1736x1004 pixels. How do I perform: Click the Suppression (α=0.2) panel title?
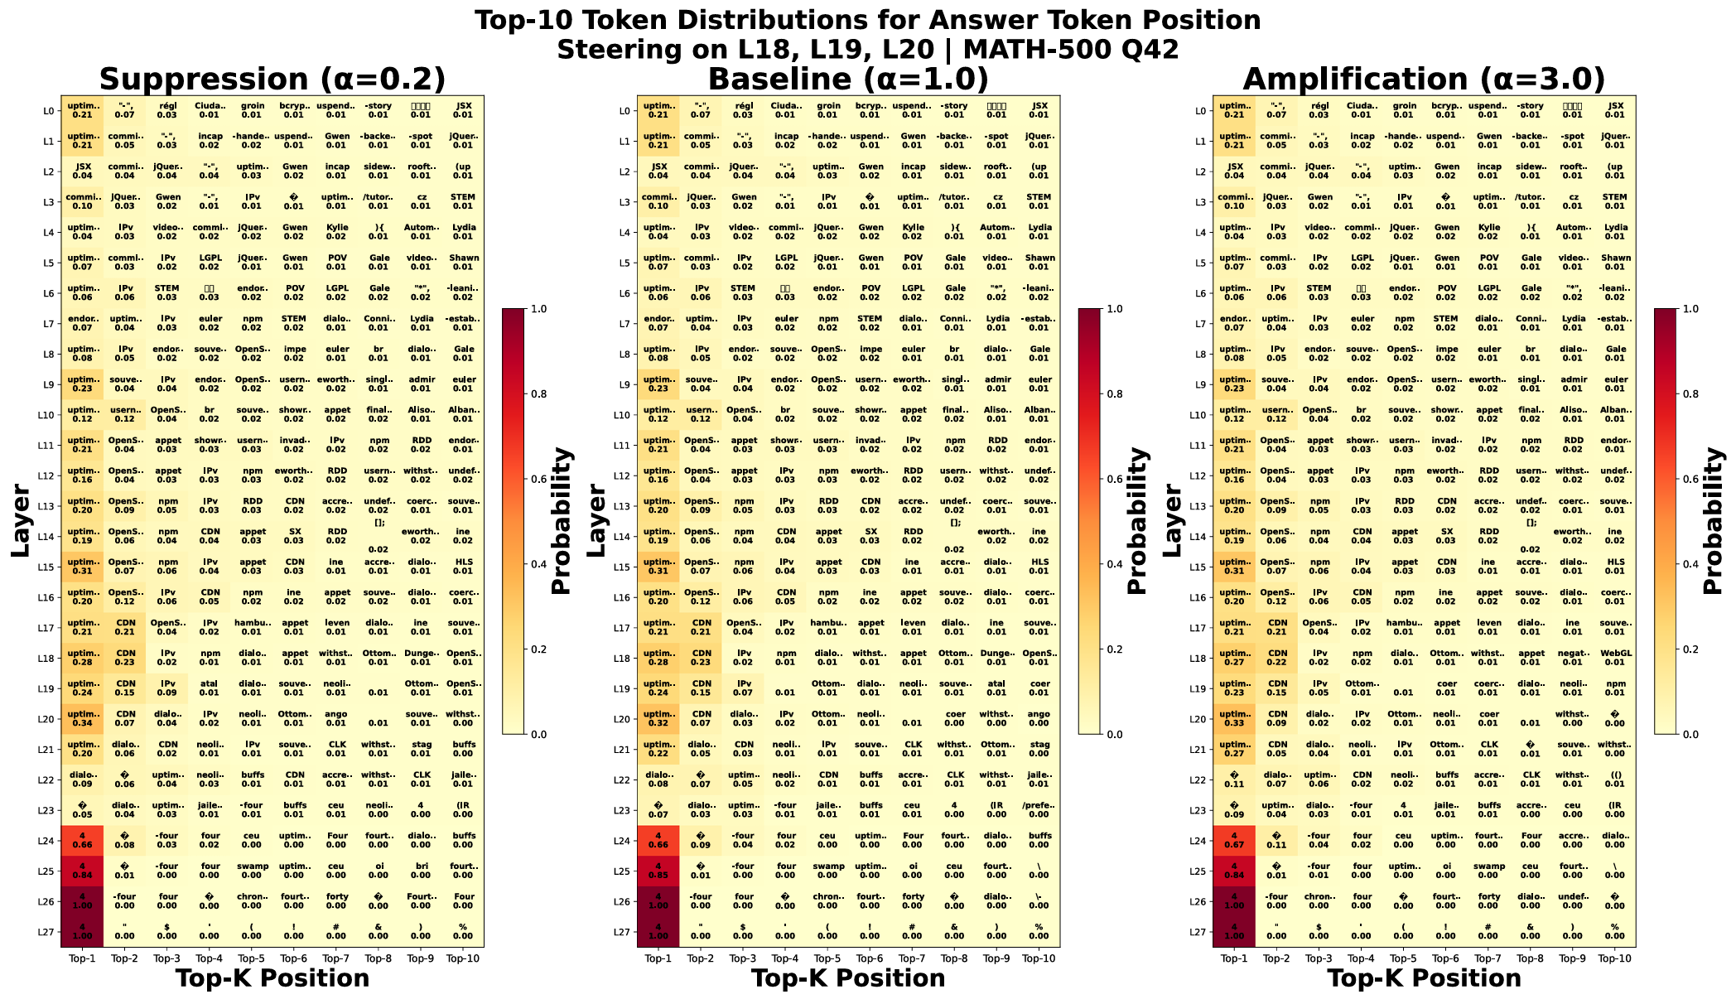(x=272, y=80)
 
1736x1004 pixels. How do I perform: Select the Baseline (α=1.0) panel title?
(x=848, y=80)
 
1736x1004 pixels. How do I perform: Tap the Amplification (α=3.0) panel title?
(x=1424, y=80)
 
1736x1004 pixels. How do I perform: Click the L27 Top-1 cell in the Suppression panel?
(x=82, y=931)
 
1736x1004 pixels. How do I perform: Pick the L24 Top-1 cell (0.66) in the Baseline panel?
(x=658, y=840)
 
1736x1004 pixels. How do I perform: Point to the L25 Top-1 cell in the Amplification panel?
(x=1234, y=871)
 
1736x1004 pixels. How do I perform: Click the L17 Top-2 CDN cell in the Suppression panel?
(x=125, y=627)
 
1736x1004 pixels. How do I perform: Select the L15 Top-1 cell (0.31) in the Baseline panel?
(x=658, y=567)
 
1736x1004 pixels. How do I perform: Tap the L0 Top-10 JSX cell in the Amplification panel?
(x=1615, y=110)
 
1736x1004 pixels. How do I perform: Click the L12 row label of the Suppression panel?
(x=46, y=475)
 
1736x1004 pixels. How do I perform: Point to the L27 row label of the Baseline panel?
(x=623, y=932)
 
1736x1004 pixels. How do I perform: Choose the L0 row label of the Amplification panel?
(x=1198, y=111)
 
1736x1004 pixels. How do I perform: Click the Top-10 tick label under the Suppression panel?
(x=463, y=958)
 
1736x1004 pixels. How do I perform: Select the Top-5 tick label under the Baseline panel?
(x=827, y=958)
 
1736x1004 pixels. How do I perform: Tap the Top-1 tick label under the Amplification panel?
(x=1234, y=958)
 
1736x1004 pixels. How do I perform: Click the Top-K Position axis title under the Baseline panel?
(x=848, y=979)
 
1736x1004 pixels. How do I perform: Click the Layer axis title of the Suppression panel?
(x=22, y=521)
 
